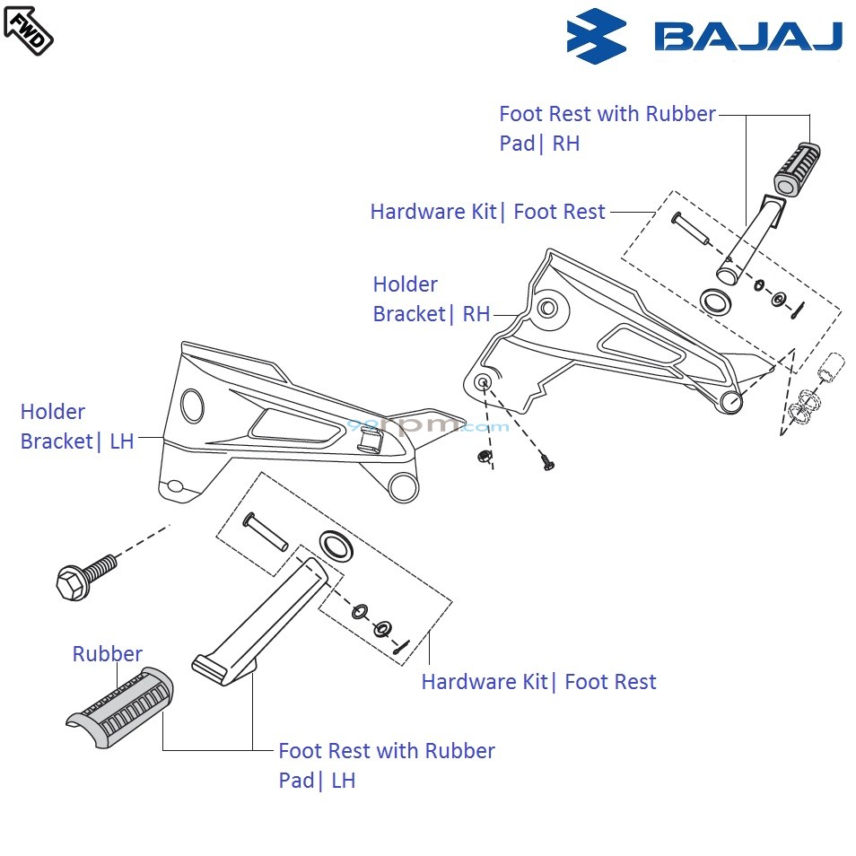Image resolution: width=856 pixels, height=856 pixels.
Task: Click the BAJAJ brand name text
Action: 748,37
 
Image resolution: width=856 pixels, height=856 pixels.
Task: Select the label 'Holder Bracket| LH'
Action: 77,426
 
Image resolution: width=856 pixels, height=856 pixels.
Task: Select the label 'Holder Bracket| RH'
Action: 432,299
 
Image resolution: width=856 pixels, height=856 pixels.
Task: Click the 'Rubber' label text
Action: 107,654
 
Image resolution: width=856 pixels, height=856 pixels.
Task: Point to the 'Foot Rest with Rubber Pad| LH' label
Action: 386,765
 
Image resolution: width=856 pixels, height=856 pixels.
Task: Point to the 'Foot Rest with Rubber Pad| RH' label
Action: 607,128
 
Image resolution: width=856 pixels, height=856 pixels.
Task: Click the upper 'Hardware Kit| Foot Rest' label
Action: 487,212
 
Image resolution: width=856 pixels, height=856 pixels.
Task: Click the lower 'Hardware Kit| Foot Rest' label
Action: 538,682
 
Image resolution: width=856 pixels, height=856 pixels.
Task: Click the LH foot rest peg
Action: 260,619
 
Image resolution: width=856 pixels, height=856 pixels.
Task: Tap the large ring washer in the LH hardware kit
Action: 335,544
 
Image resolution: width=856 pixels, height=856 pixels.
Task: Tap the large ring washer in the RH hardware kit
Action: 714,300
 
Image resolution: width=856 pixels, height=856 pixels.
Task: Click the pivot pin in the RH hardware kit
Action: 690,228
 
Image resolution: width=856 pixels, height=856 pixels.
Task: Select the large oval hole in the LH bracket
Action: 192,405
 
